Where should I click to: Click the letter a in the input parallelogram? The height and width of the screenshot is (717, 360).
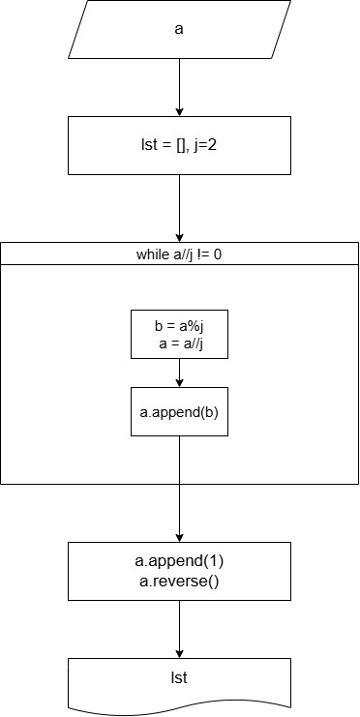pos(179,29)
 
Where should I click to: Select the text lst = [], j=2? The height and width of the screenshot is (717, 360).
pos(179,146)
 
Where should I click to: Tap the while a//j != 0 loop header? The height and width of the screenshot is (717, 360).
pos(179,254)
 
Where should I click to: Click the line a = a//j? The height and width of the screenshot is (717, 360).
pos(181,343)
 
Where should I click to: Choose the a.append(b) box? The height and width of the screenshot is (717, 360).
pos(179,411)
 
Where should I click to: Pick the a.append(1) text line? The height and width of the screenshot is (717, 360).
pos(179,560)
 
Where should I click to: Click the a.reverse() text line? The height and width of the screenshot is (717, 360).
pos(179,583)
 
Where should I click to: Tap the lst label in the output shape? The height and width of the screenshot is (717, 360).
pos(179,676)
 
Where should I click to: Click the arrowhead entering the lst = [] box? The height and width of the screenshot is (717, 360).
pos(179,112)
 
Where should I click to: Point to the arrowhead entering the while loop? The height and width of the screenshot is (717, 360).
pos(179,238)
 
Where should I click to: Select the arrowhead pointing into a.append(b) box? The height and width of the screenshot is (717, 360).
pos(179,383)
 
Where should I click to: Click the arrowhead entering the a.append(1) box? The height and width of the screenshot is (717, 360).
pos(179,538)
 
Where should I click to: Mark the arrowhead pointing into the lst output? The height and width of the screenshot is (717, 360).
pos(179,654)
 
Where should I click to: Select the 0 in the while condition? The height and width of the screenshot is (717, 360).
pos(218,254)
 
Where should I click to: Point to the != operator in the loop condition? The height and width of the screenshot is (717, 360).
pos(204,254)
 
